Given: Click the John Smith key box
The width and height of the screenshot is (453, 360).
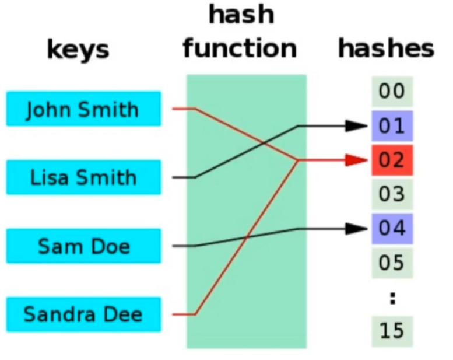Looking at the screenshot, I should click(83, 109).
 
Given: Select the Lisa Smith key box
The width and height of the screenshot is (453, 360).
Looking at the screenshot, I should click(83, 177).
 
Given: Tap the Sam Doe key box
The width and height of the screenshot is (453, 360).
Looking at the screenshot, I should click(83, 246).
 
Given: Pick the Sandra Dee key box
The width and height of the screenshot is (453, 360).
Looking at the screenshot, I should click(83, 314).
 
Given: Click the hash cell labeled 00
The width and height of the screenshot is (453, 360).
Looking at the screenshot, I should click(392, 92).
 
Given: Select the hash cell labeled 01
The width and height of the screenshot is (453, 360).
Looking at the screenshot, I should click(392, 125).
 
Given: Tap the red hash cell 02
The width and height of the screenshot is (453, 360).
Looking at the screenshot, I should click(392, 160).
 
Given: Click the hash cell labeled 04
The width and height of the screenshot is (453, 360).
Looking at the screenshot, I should click(392, 228).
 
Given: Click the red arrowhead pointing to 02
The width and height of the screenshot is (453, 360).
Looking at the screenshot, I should click(355, 160).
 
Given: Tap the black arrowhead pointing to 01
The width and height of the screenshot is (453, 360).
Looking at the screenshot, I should click(355, 125).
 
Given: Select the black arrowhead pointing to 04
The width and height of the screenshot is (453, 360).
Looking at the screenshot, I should click(355, 228).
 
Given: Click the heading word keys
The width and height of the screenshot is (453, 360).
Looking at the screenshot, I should click(78, 50).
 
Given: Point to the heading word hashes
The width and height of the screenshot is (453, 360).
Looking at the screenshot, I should click(385, 49).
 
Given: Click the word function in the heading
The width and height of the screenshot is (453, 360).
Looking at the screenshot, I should click(240, 48).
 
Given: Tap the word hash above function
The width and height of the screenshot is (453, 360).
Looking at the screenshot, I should click(241, 15).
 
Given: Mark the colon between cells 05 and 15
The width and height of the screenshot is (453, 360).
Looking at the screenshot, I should click(392, 298).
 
